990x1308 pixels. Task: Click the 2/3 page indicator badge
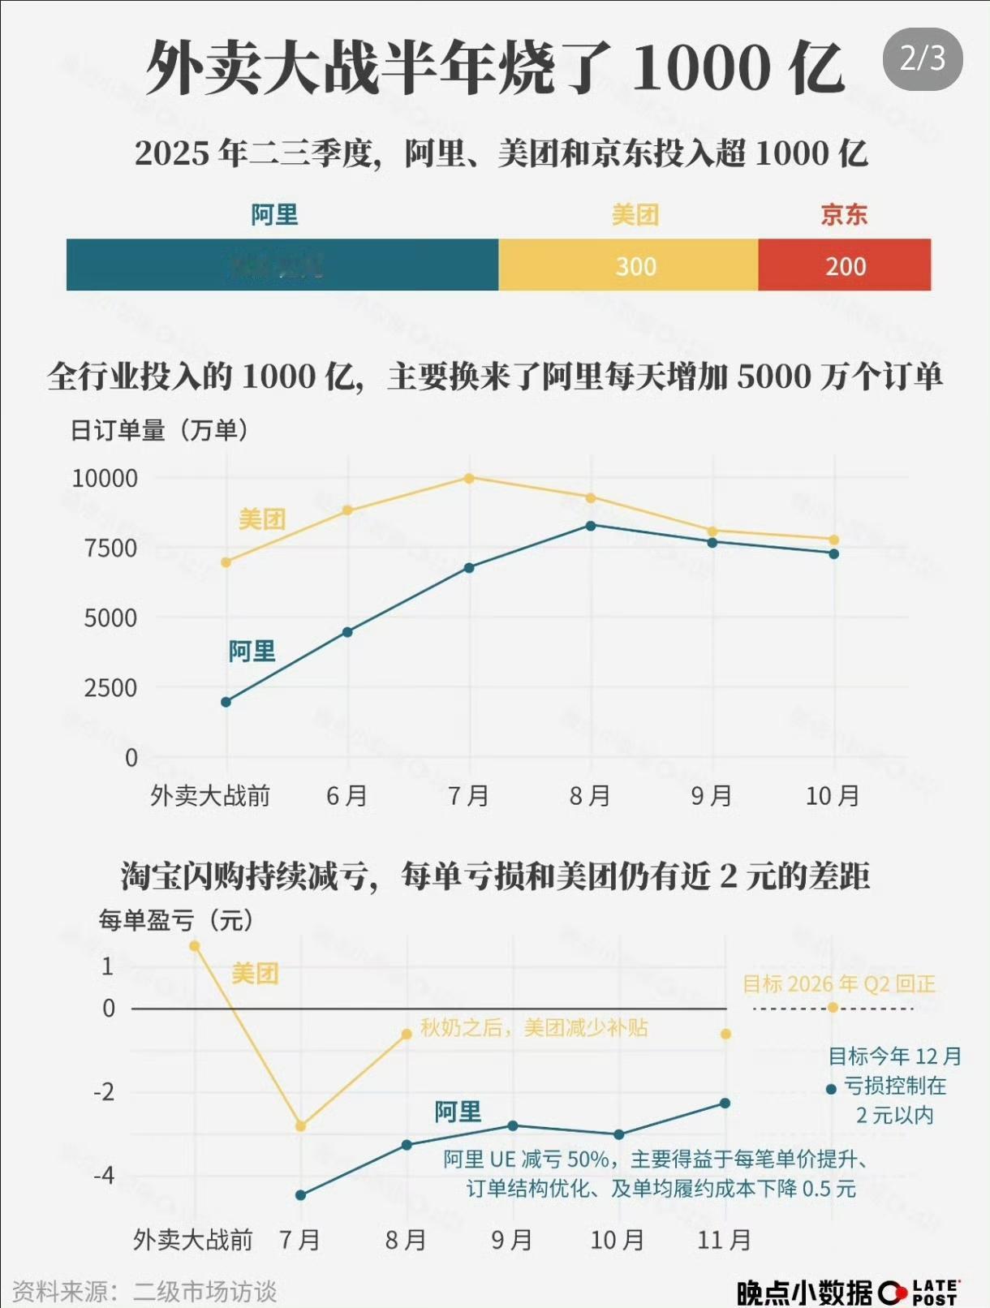(922, 59)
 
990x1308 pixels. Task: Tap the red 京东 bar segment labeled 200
(845, 265)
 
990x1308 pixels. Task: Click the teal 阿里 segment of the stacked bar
(282, 265)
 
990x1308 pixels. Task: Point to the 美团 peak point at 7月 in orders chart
(469, 478)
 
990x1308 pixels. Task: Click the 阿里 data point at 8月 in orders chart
(591, 526)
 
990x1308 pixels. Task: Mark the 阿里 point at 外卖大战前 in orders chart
(226, 702)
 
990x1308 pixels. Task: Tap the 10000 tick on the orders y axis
(105, 479)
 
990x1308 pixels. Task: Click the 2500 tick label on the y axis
(110, 688)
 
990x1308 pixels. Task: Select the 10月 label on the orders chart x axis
(833, 796)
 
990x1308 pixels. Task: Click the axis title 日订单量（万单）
(159, 430)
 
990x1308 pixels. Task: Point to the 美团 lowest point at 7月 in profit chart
(301, 1126)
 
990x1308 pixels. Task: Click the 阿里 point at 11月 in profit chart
(725, 1104)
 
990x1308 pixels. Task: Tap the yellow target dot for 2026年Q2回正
(833, 1008)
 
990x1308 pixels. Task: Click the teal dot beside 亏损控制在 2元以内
(831, 1089)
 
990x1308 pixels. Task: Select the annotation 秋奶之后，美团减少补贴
(533, 1028)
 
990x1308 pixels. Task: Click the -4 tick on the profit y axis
(104, 1175)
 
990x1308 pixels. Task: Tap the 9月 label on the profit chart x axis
(512, 1240)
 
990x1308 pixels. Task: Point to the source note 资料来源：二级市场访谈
(144, 1291)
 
